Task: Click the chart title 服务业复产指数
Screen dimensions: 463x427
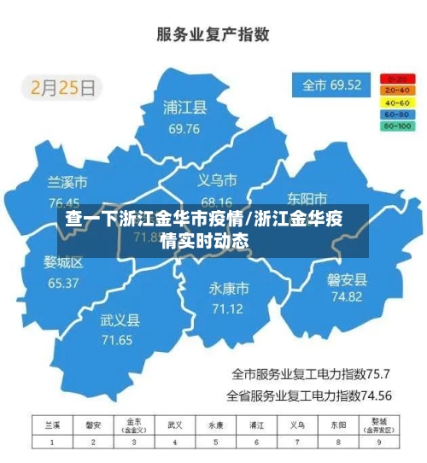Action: tap(213, 35)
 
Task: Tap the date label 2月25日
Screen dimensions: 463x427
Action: tap(66, 86)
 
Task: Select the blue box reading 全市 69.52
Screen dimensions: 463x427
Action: tap(332, 85)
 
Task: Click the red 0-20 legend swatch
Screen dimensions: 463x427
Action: tap(398, 79)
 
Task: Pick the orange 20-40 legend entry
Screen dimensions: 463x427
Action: tap(398, 90)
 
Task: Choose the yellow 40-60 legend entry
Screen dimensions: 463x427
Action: tap(398, 102)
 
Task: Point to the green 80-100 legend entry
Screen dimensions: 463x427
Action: tap(398, 126)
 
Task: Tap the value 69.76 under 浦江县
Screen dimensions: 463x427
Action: tap(184, 129)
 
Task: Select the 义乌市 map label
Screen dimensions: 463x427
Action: tap(217, 180)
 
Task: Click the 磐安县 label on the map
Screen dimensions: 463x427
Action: tap(347, 279)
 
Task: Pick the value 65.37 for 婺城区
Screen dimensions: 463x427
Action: tap(63, 283)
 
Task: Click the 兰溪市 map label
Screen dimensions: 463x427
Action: tap(67, 182)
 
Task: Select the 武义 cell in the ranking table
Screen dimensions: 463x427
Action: tap(175, 425)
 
